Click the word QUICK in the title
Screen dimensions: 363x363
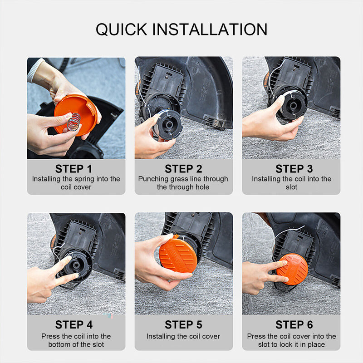(122, 29)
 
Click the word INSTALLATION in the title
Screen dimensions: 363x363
(210, 29)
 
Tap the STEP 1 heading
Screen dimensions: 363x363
(74, 169)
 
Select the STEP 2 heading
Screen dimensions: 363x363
(183, 169)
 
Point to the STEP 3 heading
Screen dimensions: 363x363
(294, 169)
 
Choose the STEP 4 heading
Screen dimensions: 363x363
(74, 324)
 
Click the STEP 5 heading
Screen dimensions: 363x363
(183, 324)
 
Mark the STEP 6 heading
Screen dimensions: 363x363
(294, 324)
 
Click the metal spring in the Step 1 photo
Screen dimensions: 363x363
(74, 122)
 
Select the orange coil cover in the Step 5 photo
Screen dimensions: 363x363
(178, 254)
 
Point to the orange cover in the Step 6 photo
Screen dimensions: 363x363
(293, 269)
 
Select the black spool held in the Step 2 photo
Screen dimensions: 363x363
(167, 125)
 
